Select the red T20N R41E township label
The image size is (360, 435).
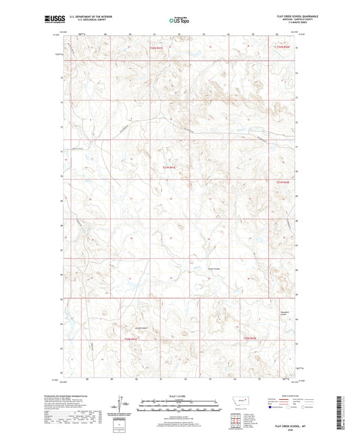130,338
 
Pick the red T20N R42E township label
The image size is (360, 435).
251,338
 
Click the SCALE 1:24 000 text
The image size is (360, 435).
180,394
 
